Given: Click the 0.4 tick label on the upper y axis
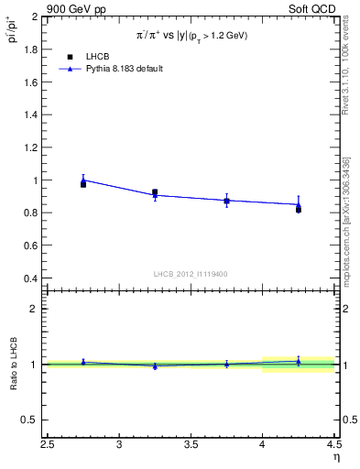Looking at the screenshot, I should point(32,278).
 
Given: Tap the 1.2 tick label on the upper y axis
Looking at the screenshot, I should point(32,147).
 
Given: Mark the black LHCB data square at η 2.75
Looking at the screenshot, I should point(83,184).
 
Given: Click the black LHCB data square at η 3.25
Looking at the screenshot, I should point(155,192).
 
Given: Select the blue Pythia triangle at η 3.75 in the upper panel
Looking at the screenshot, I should point(226,200).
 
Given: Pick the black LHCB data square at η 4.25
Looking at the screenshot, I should point(299,210).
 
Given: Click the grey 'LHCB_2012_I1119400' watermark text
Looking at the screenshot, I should point(191,274).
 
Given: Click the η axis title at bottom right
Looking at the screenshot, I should point(335,457).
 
